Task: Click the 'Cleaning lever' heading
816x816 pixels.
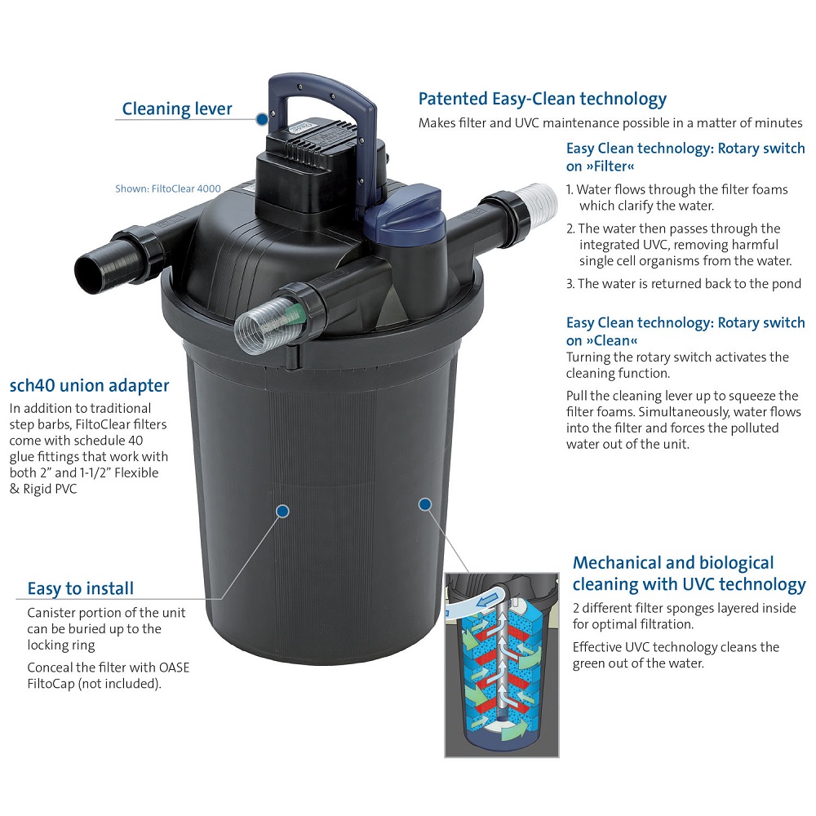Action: click(177, 109)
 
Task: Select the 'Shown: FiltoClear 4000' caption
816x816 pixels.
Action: click(168, 188)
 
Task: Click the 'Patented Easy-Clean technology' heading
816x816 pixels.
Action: click(543, 99)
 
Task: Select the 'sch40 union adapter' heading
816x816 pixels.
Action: click(89, 386)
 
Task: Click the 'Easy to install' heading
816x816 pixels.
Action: click(81, 588)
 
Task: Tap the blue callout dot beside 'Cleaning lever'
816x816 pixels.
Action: click(262, 119)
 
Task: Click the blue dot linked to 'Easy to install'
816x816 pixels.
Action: click(283, 512)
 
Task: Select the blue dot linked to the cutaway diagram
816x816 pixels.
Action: click(425, 504)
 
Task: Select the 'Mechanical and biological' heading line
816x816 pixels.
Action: click(673, 562)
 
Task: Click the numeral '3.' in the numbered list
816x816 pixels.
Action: click(570, 284)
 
